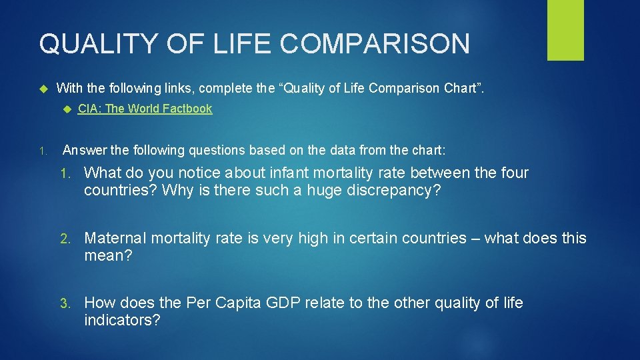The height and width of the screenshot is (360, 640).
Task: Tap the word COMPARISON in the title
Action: pyautogui.click(x=375, y=44)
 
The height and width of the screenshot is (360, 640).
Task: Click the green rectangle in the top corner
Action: pyautogui.click(x=565, y=30)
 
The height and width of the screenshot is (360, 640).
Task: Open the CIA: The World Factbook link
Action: pyautogui.click(x=145, y=109)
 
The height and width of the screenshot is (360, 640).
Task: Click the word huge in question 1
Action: pyautogui.click(x=323, y=191)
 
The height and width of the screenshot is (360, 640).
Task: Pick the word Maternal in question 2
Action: pyautogui.click(x=115, y=238)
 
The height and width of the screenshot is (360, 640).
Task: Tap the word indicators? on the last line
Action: pyautogui.click(x=122, y=321)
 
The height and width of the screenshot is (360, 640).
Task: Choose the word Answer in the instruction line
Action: pyautogui.click(x=83, y=150)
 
